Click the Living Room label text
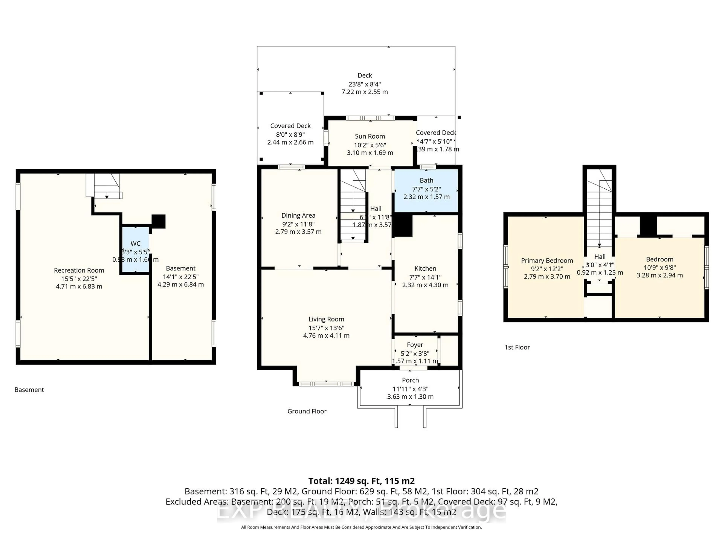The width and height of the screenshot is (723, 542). click(326, 319)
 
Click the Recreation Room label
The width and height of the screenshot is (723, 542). click(79, 270)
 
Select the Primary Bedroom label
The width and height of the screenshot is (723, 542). click(547, 260)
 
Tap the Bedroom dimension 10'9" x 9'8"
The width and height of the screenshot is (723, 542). click(660, 267)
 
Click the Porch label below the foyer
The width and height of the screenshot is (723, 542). click(410, 380)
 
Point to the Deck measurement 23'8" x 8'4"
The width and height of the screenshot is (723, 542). click(365, 84)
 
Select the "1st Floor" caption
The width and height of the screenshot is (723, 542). click(517, 347)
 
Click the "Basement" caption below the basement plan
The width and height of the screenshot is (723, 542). click(29, 389)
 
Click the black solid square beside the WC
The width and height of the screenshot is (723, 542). click(159, 221)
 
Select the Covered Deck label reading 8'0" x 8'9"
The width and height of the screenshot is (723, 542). click(290, 134)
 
